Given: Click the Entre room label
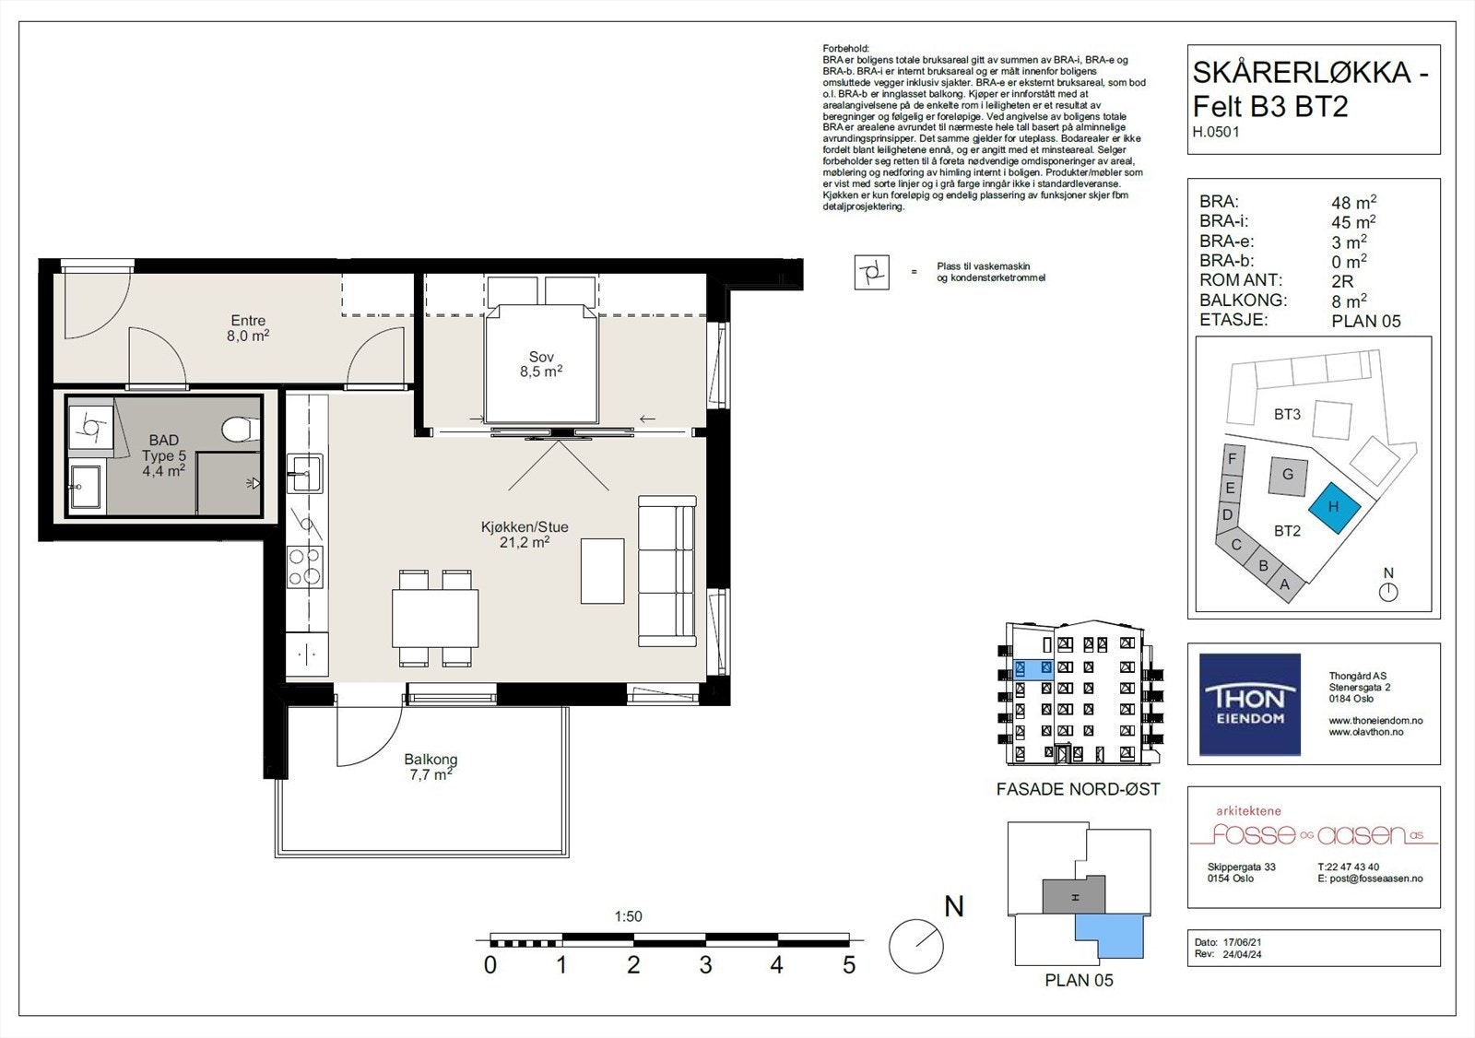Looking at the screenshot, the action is [x=248, y=328].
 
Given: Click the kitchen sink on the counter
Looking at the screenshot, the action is [x=305, y=473].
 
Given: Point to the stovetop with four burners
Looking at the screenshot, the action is [x=305, y=566].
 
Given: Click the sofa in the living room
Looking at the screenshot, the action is [x=667, y=571].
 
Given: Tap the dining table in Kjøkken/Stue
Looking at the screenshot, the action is [x=435, y=618].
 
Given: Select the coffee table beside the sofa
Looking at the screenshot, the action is [x=603, y=571].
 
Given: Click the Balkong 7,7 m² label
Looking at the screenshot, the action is [x=431, y=767].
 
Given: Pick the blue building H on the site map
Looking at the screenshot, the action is [x=1334, y=507].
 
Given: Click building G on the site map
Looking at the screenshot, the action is [x=1287, y=477].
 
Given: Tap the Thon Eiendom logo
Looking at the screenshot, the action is [x=1250, y=704].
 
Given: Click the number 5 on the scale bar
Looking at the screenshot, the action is [x=849, y=965].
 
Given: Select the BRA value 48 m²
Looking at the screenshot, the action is [x=1353, y=202].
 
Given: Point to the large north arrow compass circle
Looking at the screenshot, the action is [x=916, y=947].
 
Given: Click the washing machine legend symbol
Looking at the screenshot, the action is [x=872, y=272].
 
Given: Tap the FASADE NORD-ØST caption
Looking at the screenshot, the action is [x=1078, y=789].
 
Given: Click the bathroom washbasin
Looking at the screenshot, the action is [x=86, y=487].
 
